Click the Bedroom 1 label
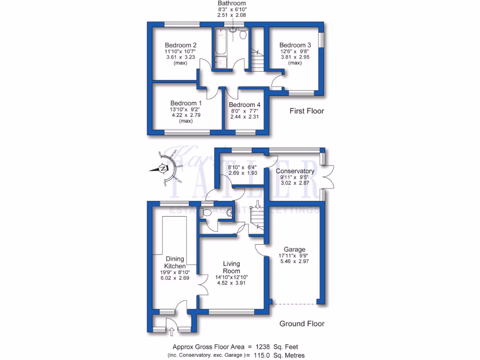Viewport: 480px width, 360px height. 186,103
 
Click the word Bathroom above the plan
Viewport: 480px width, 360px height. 232,3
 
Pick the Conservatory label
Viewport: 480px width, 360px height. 295,171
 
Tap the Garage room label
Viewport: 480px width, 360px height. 294,249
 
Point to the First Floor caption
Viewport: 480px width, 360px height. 306,111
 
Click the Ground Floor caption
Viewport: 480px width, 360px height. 302,323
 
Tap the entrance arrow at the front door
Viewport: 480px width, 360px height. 170,332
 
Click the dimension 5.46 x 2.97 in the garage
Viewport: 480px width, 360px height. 294,263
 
